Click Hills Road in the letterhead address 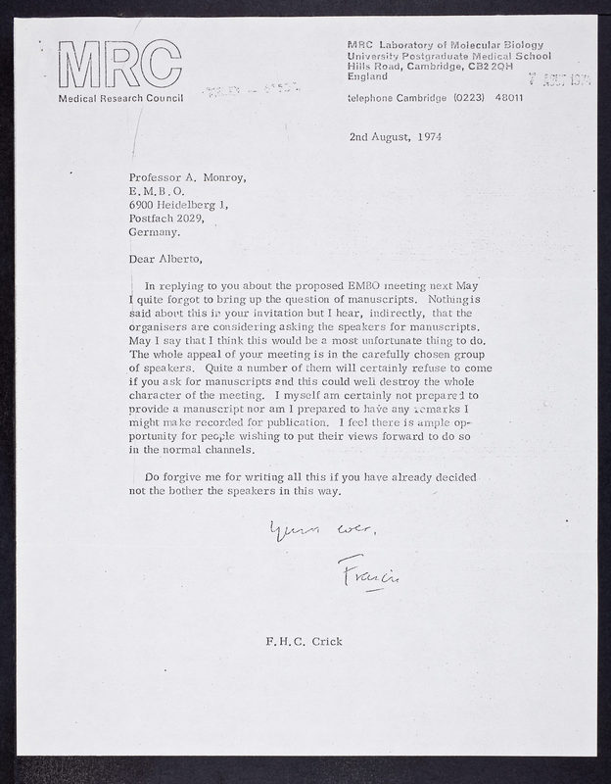coord(371,66)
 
